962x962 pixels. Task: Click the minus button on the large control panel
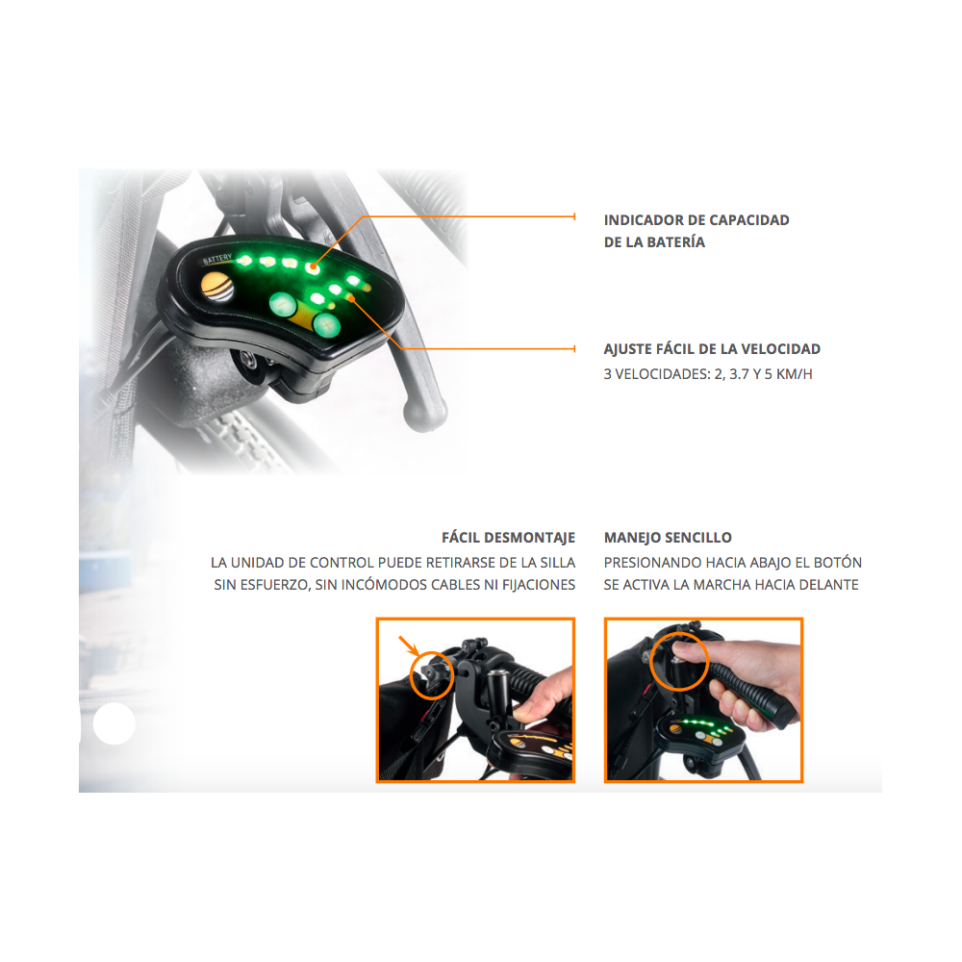pos(283,304)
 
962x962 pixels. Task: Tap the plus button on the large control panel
pos(326,324)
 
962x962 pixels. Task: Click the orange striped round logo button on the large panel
pos(217,287)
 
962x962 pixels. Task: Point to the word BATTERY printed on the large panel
pos(217,259)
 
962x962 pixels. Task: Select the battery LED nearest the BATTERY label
pos(244,261)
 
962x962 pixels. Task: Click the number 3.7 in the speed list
pos(739,374)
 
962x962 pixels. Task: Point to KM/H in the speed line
pos(794,374)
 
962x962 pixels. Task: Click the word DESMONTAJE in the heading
pos(529,538)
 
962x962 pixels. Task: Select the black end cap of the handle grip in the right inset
pos(785,714)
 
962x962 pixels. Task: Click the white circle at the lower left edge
pos(114,724)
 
